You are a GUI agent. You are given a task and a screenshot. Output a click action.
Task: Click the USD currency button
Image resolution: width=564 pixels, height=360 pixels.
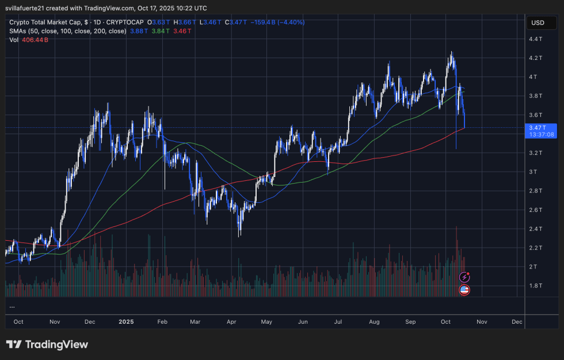538,23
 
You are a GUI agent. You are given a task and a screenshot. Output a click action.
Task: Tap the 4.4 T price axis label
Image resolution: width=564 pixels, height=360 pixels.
536,39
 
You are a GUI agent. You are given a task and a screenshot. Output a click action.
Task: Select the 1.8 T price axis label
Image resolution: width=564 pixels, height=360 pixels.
536,286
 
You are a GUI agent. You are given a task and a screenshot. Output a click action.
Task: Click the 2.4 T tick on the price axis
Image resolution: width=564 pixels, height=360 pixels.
536,229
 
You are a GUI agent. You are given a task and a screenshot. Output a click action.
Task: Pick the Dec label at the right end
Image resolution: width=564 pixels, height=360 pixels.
516,321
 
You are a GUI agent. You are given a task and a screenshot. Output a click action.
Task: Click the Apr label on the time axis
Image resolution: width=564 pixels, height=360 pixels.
233,321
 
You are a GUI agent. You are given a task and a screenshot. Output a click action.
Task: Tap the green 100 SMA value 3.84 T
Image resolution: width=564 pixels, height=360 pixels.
161,31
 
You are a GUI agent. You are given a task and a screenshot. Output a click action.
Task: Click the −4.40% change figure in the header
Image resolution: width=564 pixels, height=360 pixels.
291,22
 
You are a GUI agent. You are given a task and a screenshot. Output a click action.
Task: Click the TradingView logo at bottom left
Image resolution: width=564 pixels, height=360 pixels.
47,344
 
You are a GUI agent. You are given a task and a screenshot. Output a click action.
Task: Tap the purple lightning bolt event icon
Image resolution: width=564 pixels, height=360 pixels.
464,278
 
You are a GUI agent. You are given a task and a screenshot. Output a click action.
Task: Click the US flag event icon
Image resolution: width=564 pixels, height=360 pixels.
464,290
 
